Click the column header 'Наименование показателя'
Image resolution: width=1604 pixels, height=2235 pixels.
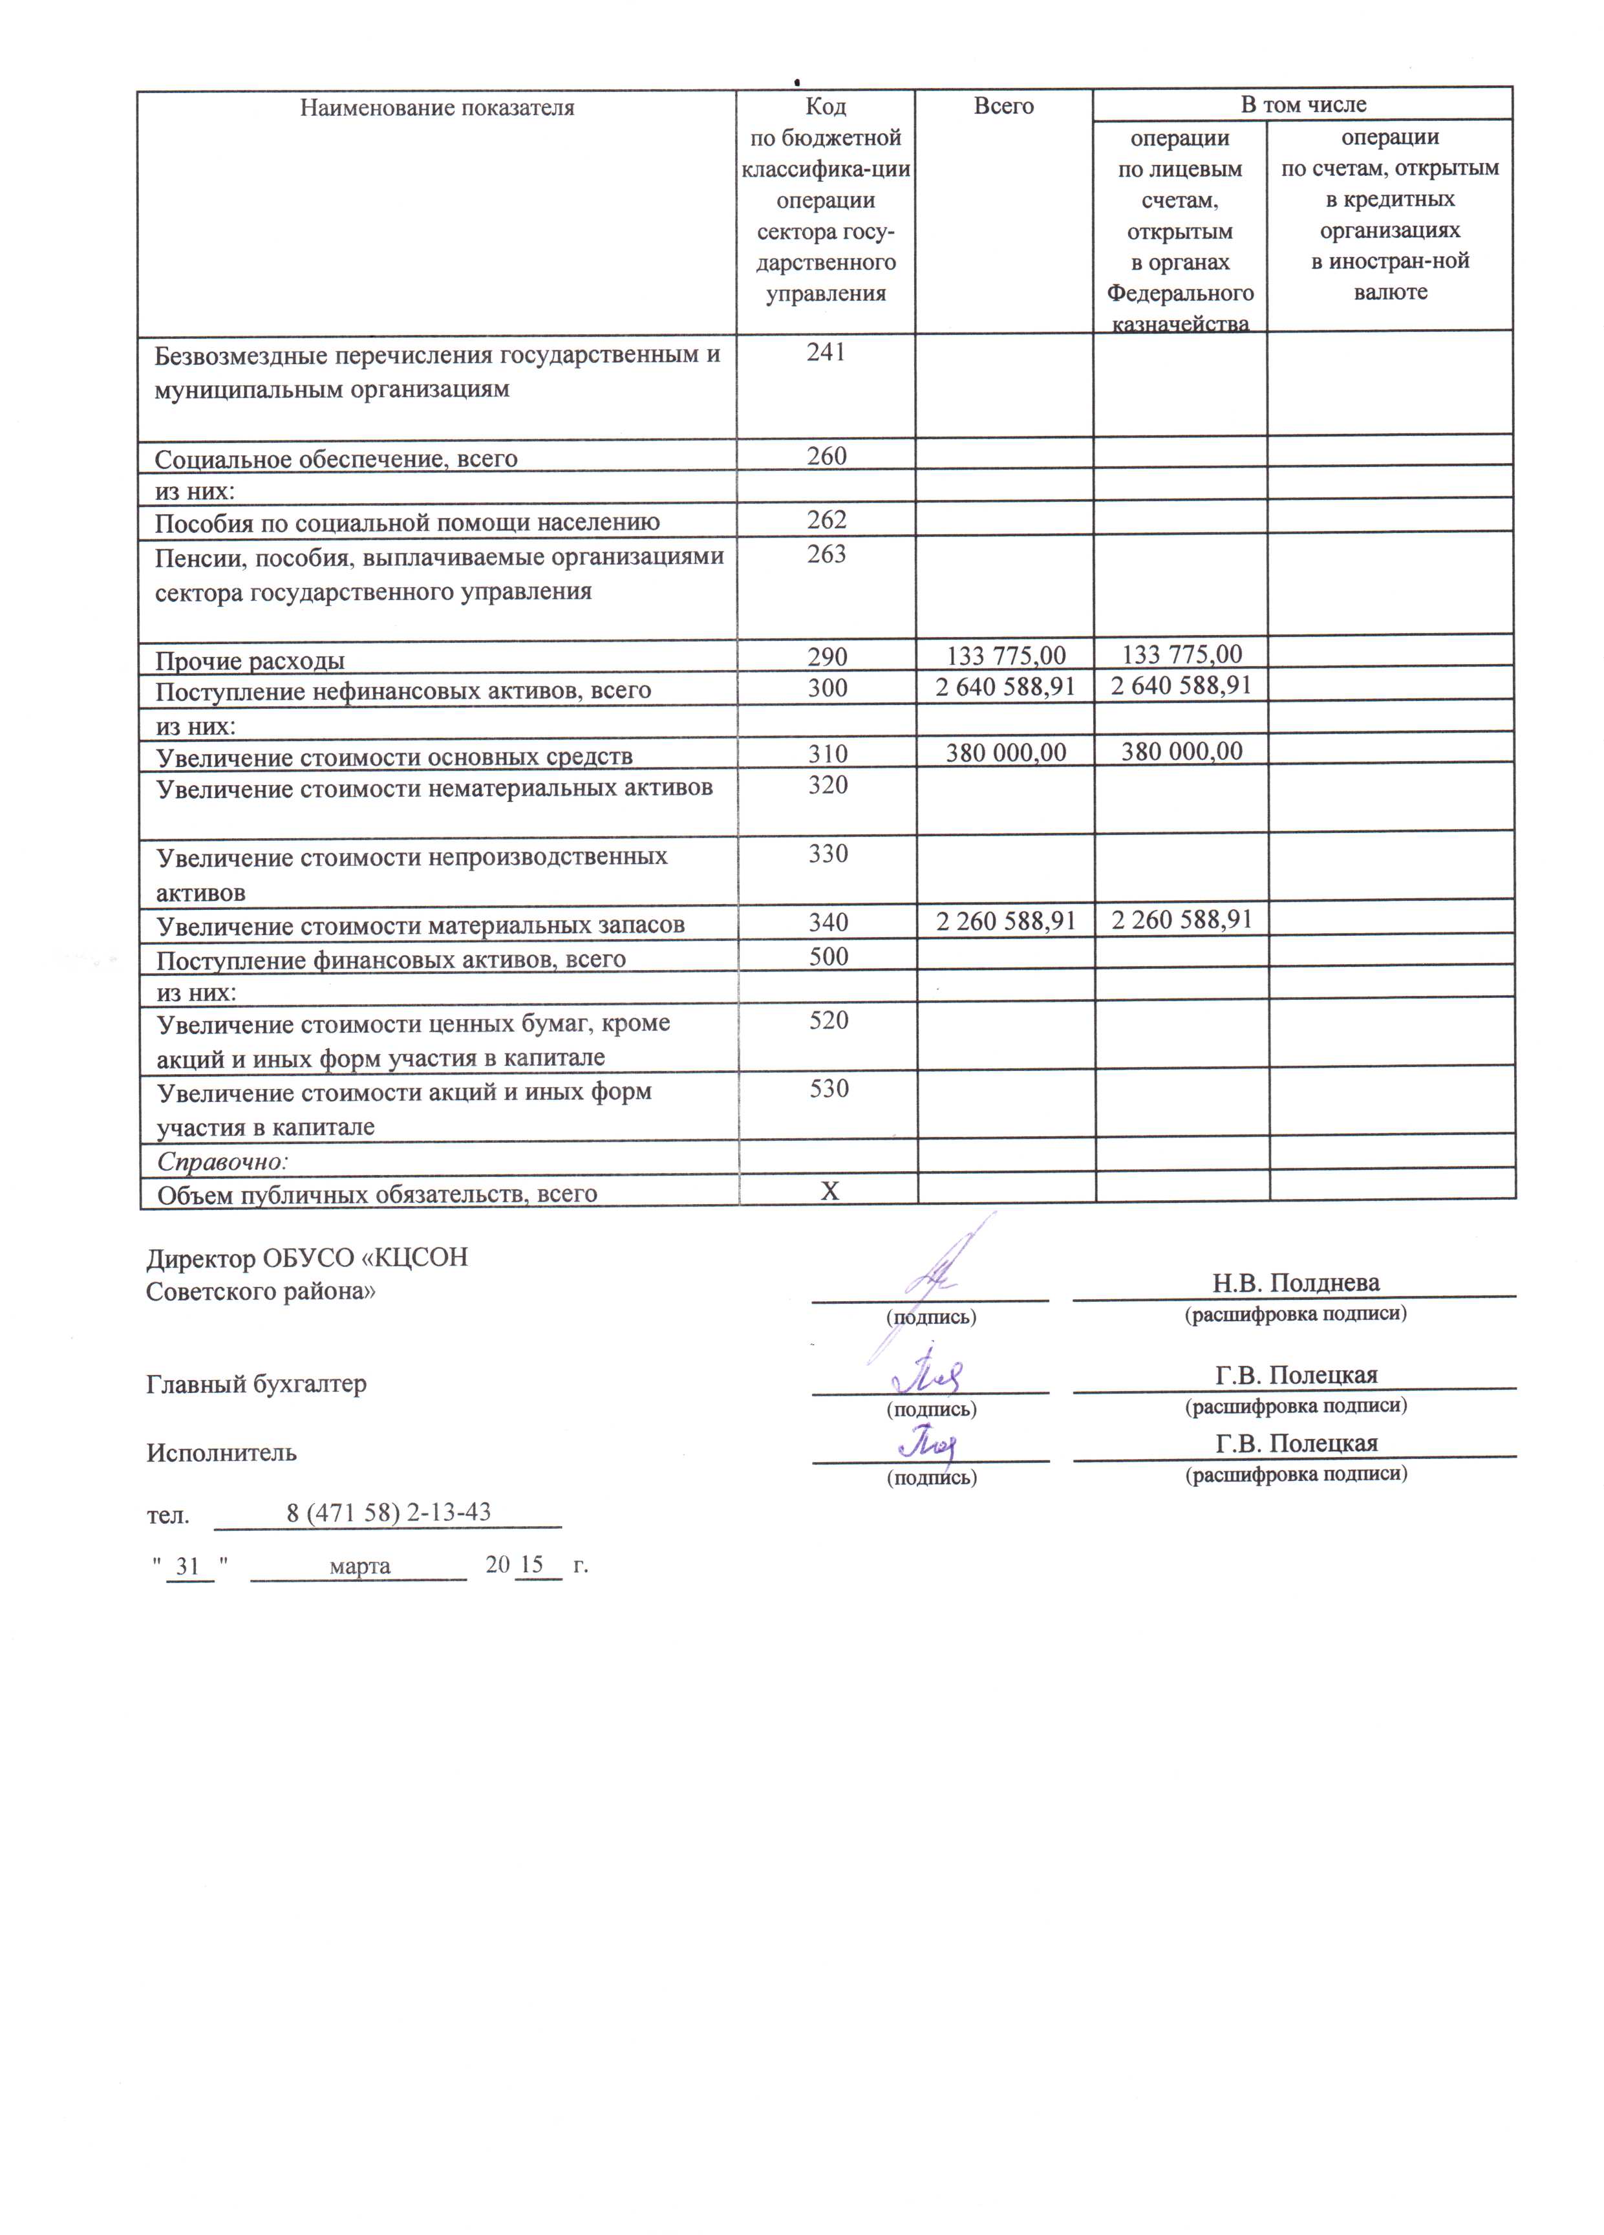(x=436, y=107)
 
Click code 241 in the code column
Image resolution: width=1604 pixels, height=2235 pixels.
(x=826, y=353)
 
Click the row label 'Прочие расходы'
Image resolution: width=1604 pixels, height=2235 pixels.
(x=250, y=660)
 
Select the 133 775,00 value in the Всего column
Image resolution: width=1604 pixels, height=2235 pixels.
(x=1005, y=654)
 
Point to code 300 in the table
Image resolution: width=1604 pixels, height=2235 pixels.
(x=827, y=688)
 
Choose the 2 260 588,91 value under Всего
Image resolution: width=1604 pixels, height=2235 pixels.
(x=1005, y=920)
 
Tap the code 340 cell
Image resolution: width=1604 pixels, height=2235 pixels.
(x=828, y=922)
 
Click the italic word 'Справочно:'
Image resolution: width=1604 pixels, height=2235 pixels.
(x=222, y=1162)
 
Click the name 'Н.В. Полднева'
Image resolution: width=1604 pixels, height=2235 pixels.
(x=1296, y=1283)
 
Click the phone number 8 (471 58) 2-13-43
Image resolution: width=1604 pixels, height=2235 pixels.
(x=388, y=1513)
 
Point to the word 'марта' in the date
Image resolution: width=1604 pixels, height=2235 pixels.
(x=359, y=1566)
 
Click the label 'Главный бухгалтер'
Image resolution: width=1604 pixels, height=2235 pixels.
(x=256, y=1383)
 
